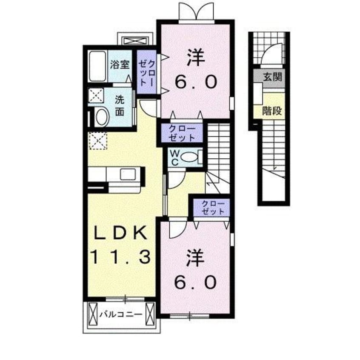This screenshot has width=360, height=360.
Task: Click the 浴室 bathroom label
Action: coord(120,65)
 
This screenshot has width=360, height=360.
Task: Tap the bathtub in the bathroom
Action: coord(97,66)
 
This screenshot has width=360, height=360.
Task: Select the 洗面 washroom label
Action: coord(120,106)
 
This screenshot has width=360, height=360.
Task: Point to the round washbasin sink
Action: coord(103,117)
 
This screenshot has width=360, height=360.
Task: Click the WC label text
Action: coord(175,157)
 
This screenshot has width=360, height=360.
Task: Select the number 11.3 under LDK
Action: coord(120,257)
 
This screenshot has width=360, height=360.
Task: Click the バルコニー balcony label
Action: coord(121,314)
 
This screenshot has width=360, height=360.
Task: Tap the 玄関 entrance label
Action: coord(272,77)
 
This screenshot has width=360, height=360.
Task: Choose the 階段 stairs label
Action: coord(272,111)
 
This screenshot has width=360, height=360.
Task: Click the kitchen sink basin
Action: coord(127,175)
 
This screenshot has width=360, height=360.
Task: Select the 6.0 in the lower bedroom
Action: coord(196,283)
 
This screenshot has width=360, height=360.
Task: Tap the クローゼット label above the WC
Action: coord(182,133)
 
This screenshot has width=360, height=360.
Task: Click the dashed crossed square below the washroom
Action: coord(98,141)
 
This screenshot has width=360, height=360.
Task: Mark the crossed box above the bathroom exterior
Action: coord(135,41)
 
